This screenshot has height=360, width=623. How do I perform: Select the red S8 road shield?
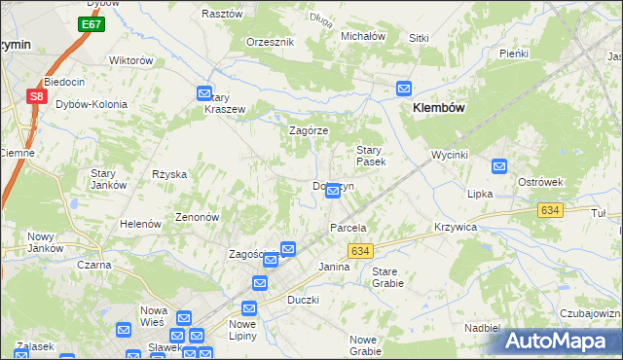(x=36, y=96)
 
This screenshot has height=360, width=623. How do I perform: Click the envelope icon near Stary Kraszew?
(x=204, y=94)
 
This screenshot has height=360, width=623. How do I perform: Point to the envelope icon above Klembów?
(x=404, y=90)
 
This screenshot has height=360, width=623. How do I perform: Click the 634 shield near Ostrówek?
(x=551, y=210)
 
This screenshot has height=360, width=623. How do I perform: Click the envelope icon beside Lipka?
(x=499, y=167)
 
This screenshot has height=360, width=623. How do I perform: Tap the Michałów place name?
(x=363, y=36)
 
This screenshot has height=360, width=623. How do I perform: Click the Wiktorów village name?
(x=131, y=60)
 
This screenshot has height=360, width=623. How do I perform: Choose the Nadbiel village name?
(x=482, y=328)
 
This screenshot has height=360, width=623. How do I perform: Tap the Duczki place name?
(x=303, y=300)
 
